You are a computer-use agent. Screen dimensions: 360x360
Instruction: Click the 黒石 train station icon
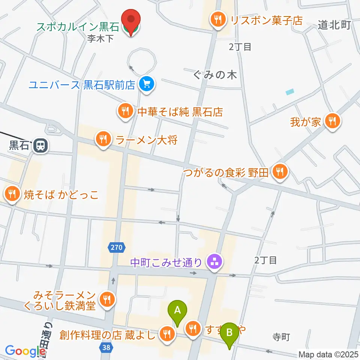pyautogui.click(x=39, y=145)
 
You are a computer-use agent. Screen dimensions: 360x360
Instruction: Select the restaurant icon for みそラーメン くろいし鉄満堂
pyautogui.click(x=108, y=298)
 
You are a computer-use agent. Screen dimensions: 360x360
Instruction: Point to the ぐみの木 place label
pyautogui.click(x=215, y=75)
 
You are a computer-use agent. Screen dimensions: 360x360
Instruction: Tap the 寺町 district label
pyautogui.click(x=281, y=337)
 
